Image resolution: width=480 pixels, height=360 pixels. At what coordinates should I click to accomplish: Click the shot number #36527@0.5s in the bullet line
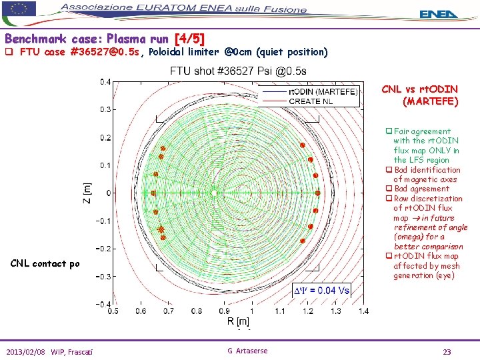(107, 52)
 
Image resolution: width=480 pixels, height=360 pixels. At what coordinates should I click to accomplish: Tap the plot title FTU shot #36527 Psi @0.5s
(238, 71)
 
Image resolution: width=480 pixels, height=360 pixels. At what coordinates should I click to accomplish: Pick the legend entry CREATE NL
(311, 101)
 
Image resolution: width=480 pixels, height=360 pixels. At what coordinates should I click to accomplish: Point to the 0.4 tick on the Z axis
(105, 82)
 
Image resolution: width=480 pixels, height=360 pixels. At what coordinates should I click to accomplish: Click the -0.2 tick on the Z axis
(103, 249)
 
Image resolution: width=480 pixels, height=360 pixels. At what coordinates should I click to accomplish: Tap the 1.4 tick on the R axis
(363, 311)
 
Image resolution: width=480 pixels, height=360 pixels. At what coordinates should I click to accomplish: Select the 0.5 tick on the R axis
(113, 311)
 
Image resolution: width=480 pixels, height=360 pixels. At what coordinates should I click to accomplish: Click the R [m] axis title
(238, 322)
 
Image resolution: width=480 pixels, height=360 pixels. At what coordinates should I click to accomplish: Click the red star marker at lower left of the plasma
(161, 230)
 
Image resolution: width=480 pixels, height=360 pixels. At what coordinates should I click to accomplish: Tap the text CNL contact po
(45, 263)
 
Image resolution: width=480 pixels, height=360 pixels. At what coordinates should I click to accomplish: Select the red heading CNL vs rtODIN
(420, 89)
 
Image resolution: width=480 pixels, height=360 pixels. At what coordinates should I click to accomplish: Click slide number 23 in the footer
(447, 351)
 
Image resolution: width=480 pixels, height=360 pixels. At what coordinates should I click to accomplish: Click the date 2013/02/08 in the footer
(27, 351)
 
